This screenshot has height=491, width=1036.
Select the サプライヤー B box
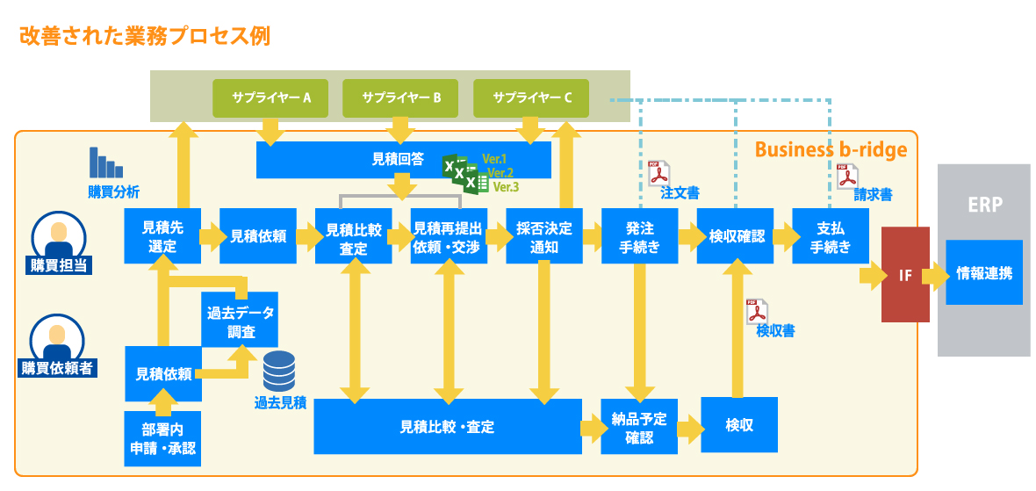click(401, 97)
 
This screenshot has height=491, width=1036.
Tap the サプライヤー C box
click(532, 97)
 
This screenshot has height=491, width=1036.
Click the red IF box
click(905, 274)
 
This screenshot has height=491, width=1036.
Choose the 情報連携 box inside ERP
click(984, 272)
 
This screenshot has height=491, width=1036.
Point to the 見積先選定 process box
click(162, 236)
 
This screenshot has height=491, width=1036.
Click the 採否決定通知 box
click(544, 236)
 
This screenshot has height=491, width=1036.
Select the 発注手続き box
click(639, 236)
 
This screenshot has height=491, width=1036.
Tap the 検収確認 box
click(735, 236)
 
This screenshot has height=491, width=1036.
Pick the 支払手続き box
click(830, 236)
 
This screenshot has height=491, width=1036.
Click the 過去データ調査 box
click(240, 320)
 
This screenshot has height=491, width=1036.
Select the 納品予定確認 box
click(639, 426)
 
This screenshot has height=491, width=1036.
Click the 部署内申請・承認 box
click(162, 438)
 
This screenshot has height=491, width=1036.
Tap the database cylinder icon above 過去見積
click(279, 371)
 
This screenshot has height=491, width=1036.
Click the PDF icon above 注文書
click(658, 173)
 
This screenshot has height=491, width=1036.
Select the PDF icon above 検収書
click(756, 312)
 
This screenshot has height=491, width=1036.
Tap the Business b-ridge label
click(831, 150)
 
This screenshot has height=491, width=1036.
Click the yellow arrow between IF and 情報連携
click(937, 276)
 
